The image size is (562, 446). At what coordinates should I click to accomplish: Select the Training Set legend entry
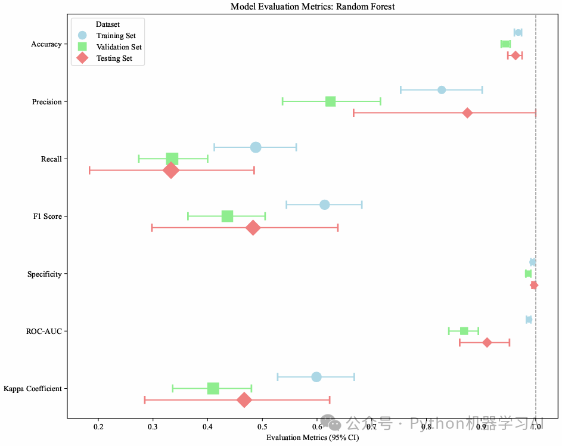116,36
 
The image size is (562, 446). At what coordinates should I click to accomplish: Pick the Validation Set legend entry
119,47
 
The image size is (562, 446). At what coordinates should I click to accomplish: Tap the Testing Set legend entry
114,58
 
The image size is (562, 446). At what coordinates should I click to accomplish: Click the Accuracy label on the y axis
46,44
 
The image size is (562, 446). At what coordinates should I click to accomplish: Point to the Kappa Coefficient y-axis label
33,389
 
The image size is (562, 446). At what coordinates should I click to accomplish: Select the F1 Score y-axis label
48,216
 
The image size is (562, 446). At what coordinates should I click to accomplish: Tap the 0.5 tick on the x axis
262,427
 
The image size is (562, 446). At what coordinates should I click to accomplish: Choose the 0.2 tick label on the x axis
98,427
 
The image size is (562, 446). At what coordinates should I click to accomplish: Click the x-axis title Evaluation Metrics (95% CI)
312,438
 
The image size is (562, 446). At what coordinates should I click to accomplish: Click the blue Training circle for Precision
442,90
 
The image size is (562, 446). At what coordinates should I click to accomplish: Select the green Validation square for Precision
330,101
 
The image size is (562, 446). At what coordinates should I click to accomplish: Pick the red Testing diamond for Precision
467,113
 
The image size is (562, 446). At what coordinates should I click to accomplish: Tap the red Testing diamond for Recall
171,171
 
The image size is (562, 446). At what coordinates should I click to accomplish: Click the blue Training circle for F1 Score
325,205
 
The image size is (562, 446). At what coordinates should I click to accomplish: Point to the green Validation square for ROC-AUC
464,331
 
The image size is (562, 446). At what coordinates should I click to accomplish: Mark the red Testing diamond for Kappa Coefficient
244,400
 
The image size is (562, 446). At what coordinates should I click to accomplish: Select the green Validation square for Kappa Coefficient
213,389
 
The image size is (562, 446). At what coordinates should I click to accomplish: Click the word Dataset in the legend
108,25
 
